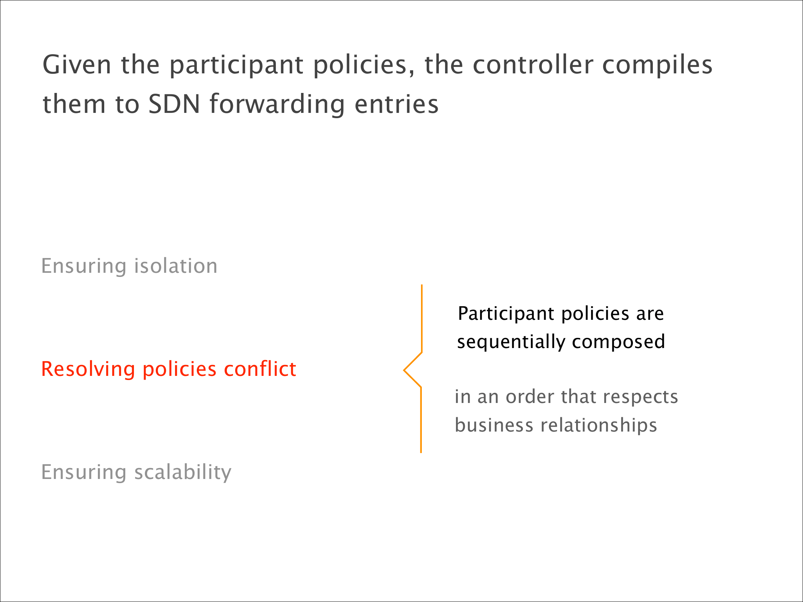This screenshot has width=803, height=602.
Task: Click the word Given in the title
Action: click(77, 65)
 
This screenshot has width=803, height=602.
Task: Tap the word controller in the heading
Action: click(532, 64)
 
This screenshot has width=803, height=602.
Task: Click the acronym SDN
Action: click(174, 104)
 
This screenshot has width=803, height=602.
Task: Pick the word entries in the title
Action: click(397, 104)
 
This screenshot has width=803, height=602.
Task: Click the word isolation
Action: click(176, 266)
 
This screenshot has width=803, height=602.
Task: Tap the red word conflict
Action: click(260, 369)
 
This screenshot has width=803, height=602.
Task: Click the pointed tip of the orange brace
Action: click(404, 371)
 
